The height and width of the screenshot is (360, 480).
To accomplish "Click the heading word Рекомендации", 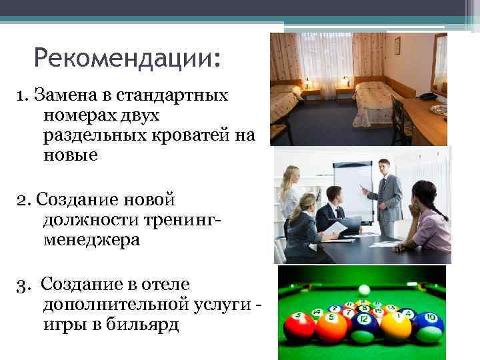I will pyautogui.click(x=126, y=59).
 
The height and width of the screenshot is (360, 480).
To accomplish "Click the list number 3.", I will pyautogui.click(x=23, y=285).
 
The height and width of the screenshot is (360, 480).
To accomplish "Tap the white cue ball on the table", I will pyautogui.click(x=363, y=289).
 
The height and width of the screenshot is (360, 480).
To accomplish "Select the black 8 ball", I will pyautogui.click(x=364, y=309).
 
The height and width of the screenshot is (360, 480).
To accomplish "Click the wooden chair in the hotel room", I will pyautogui.click(x=400, y=120).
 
